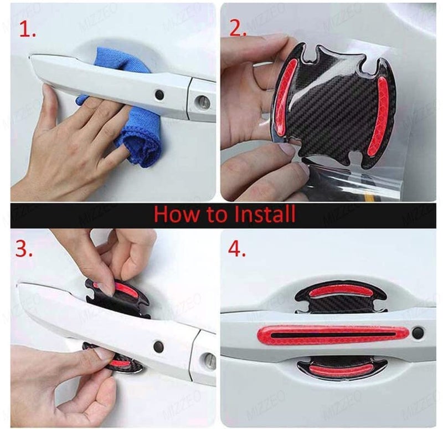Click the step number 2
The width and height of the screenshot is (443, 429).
(x=238, y=28)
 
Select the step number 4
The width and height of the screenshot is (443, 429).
(x=237, y=248)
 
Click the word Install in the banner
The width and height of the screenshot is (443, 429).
(x=265, y=214)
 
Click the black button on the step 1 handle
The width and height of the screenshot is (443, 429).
(x=159, y=95)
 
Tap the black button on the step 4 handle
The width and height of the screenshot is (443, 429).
(x=418, y=334)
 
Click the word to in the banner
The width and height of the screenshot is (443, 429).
(x=217, y=215)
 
